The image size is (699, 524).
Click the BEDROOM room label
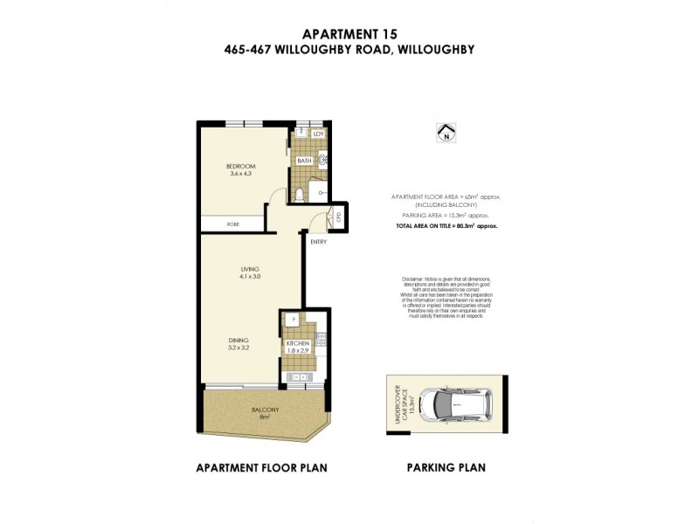pyautogui.click(x=240, y=166)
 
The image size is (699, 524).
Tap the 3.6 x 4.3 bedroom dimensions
pyautogui.click(x=240, y=174)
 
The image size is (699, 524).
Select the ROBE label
pyautogui.click(x=233, y=224)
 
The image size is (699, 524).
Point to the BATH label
pyautogui.click(x=304, y=161)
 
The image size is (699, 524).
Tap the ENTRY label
pyautogui.click(x=318, y=242)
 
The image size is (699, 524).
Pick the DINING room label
pyautogui.click(x=239, y=340)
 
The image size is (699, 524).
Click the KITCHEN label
pyautogui.click(x=298, y=343)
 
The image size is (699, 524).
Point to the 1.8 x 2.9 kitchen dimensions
pyautogui.click(x=298, y=351)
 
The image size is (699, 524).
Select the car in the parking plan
pyautogui.click(x=455, y=403)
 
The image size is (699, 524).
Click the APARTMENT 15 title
pyautogui.click(x=349, y=33)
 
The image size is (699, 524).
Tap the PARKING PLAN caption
pyautogui.click(x=446, y=467)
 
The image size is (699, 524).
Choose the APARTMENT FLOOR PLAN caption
pyautogui.click(x=262, y=467)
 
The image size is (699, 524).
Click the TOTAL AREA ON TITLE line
pyautogui.click(x=446, y=226)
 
